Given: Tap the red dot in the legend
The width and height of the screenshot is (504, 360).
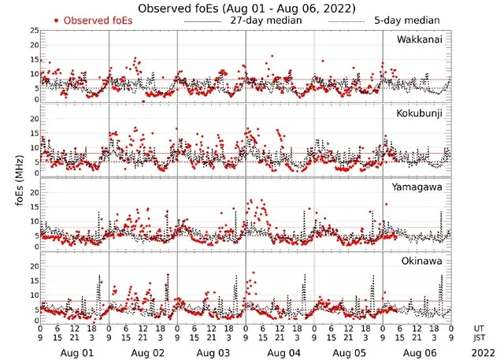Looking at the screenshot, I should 57,20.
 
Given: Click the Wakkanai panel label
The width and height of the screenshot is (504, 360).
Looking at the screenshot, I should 419,39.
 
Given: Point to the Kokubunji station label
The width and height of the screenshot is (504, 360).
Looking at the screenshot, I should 419,113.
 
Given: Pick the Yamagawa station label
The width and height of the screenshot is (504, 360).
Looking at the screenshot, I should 419,187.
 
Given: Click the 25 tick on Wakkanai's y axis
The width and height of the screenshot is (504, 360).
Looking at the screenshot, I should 34,31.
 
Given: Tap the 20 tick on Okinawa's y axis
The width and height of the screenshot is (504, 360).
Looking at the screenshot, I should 34,266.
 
